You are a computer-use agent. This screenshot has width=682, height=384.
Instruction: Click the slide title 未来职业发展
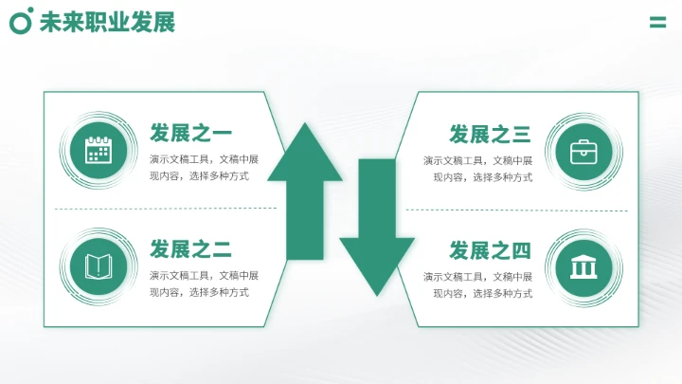(107, 22)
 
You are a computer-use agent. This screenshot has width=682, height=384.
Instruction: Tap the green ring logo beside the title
(21, 21)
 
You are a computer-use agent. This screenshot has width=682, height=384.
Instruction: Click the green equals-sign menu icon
(657, 23)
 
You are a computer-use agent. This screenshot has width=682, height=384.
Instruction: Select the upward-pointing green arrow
(305, 190)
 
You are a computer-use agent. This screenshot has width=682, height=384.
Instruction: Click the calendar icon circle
(99, 150)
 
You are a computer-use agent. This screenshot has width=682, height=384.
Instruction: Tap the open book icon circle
(99, 265)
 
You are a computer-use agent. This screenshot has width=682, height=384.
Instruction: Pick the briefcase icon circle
(583, 151)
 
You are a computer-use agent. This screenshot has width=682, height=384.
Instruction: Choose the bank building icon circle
(583, 266)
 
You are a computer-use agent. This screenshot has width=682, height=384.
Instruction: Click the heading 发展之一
(190, 133)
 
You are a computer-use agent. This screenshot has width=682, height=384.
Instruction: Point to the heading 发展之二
(190, 249)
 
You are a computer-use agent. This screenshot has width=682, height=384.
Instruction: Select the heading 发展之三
(490, 134)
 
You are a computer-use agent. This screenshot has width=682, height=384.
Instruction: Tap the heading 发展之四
(490, 250)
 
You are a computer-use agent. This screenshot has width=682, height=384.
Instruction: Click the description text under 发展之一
(204, 168)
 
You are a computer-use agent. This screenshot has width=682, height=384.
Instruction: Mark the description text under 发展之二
(204, 283)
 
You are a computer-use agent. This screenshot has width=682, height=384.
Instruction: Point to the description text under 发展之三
(477, 168)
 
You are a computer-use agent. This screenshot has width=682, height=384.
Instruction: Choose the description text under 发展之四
(477, 283)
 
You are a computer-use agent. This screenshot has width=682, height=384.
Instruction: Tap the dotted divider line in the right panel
(516, 210)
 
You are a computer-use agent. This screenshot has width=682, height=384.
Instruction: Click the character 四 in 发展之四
(521, 250)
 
